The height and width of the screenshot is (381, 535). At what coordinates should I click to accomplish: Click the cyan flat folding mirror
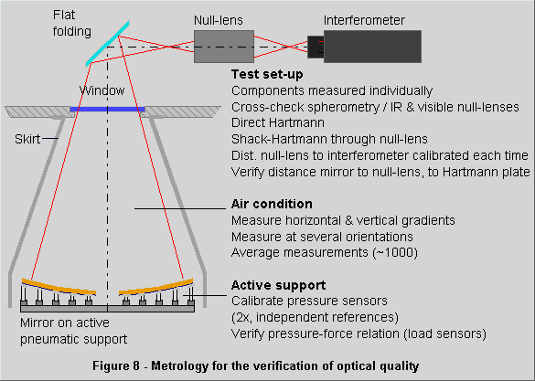[x=108, y=44]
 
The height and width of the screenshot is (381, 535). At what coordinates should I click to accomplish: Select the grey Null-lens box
[x=224, y=47]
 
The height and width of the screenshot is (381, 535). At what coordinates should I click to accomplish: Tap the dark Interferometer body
[x=372, y=47]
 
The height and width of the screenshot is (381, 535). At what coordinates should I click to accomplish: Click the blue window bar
[x=108, y=110]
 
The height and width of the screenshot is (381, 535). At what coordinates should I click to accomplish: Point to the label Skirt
[x=27, y=139]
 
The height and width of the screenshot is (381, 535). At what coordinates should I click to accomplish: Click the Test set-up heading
[x=267, y=74]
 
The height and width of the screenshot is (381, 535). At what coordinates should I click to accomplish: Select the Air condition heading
[x=272, y=204]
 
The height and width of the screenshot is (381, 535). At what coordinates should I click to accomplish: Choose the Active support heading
[x=278, y=285]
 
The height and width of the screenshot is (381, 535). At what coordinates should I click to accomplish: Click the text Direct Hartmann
[x=278, y=122]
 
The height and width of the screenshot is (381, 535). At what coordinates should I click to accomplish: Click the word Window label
[x=102, y=90]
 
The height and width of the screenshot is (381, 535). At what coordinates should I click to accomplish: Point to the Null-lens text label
[x=219, y=20]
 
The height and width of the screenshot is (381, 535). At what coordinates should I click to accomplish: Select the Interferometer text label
[x=364, y=20]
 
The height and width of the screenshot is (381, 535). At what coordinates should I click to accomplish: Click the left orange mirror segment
[x=59, y=287]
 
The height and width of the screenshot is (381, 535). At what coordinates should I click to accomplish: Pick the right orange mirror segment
[x=156, y=287]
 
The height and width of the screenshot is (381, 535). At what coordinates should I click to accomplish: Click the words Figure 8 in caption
[x=116, y=366]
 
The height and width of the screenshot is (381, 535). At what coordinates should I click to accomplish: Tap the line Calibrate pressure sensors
[x=309, y=301]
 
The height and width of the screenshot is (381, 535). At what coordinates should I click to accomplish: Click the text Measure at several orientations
[x=322, y=237]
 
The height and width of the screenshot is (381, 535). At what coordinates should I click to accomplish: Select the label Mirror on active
[x=65, y=323]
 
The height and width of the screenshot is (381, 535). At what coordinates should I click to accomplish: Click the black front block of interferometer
[x=316, y=47]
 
